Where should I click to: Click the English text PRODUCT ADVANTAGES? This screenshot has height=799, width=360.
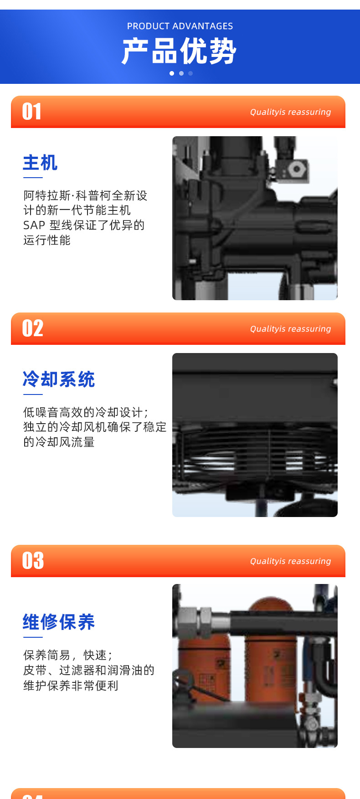click(180, 26)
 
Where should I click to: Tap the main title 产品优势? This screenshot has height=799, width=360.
click(179, 51)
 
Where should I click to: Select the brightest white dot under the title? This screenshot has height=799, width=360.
click(172, 73)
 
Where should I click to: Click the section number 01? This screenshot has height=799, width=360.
click(32, 112)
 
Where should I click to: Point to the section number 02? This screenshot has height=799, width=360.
click(33, 328)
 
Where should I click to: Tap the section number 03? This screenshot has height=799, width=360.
click(33, 561)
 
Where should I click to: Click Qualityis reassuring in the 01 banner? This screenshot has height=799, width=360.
click(290, 112)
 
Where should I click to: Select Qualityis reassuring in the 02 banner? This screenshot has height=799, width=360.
click(290, 329)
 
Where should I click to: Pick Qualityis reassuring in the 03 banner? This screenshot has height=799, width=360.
click(290, 561)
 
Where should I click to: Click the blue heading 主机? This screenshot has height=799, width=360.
click(40, 163)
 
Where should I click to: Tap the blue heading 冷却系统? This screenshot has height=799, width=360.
click(59, 379)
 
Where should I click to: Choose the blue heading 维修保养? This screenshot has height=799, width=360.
click(59, 622)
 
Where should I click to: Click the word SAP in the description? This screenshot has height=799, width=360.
click(34, 225)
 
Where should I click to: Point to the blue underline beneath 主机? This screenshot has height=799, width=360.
click(32, 177)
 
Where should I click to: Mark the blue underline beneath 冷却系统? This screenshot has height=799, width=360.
click(32, 394)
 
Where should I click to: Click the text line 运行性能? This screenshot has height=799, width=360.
click(47, 240)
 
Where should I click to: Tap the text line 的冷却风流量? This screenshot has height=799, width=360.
click(59, 442)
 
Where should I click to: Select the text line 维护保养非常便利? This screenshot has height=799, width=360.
click(71, 686)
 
